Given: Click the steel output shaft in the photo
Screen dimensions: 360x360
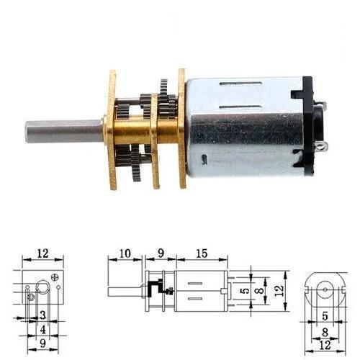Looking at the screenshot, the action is pos(64,132).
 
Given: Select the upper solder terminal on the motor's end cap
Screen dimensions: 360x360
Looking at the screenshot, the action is pos(321,104).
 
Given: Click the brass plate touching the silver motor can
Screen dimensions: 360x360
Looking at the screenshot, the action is pos(182,128).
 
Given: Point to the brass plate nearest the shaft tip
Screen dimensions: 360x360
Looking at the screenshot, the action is pos(111,130).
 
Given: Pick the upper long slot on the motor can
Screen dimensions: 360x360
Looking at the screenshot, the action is pos(240,84).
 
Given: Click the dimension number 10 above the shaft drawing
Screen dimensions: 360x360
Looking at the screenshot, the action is pos(125,253).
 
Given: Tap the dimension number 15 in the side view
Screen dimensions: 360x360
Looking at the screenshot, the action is pos(202,253).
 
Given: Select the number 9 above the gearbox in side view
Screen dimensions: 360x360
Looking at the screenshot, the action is pos(161,253).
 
